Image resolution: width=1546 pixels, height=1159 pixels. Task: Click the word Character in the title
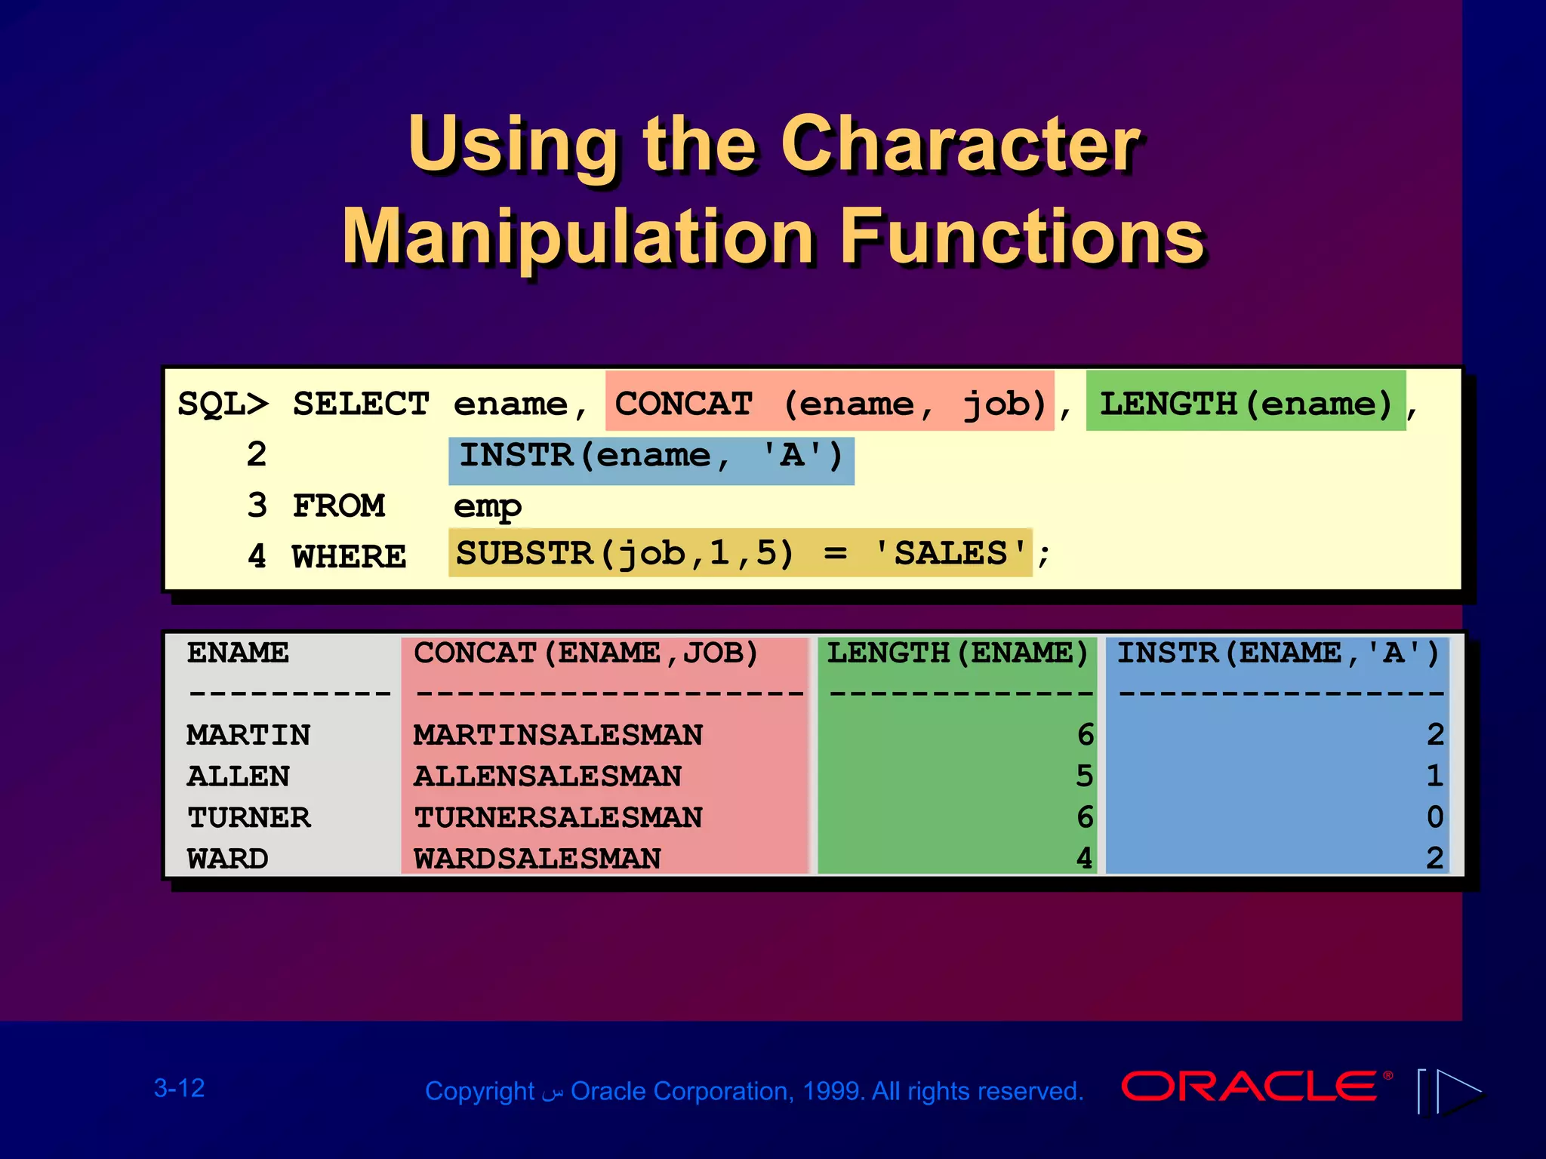[960, 145]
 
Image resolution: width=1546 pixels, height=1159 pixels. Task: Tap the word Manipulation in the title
[578, 238]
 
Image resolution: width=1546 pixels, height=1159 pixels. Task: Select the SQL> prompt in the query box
[223, 404]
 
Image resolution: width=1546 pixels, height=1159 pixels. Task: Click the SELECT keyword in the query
[361, 404]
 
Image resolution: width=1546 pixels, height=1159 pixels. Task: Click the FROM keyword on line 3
[339, 506]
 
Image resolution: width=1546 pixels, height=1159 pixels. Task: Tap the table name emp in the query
[487, 507]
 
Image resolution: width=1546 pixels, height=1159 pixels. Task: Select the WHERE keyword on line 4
[349, 557]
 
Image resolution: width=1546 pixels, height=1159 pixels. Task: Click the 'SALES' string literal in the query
[951, 553]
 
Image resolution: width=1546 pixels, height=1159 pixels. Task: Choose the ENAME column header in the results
[238, 653]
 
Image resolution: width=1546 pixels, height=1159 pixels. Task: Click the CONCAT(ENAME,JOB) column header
[586, 653]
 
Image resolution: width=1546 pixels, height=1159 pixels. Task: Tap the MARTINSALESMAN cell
[557, 735]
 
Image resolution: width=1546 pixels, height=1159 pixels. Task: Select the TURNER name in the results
[249, 817]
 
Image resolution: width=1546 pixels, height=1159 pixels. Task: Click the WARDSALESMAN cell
[537, 859]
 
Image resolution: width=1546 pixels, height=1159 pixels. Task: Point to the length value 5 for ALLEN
[1084, 776]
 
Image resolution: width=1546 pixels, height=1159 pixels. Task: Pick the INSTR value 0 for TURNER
[1434, 817]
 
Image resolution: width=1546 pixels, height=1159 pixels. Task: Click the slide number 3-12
[180, 1088]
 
